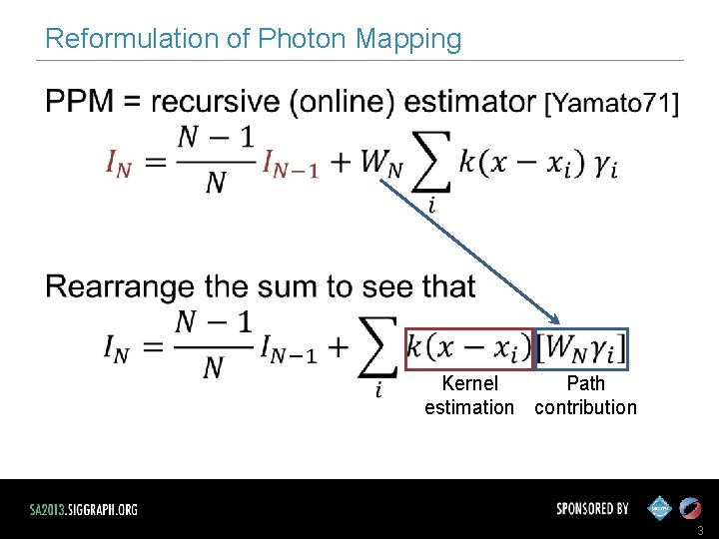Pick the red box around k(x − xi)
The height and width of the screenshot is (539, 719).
click(x=470, y=347)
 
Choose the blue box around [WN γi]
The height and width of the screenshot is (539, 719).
click(x=582, y=347)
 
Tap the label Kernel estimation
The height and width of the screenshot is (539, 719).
click(x=469, y=395)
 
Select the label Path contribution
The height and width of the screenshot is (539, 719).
click(x=585, y=395)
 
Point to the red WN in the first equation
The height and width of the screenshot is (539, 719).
click(x=382, y=165)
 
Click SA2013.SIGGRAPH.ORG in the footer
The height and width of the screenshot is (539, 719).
click(x=84, y=509)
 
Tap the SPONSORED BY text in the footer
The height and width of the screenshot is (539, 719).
click(x=592, y=508)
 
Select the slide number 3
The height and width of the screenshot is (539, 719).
click(x=701, y=530)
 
